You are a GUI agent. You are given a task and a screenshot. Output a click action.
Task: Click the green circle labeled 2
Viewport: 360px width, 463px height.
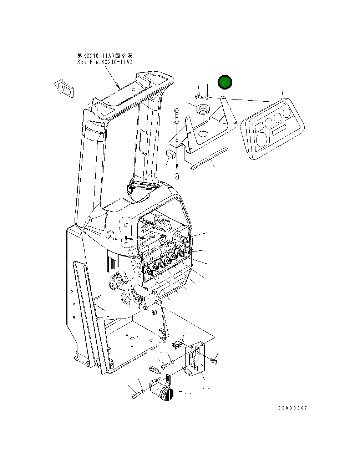click(x=225, y=83)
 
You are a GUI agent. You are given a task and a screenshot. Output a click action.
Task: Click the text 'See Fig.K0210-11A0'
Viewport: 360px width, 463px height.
click(x=105, y=62)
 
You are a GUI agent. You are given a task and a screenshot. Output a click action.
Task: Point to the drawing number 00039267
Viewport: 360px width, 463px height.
click(x=293, y=408)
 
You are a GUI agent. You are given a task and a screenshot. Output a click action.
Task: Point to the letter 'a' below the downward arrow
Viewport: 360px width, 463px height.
click(x=177, y=176)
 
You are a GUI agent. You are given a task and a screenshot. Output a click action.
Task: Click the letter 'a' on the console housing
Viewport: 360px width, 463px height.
click(x=126, y=224)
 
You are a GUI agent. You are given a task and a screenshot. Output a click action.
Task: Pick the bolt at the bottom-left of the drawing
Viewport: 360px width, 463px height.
click(x=135, y=395)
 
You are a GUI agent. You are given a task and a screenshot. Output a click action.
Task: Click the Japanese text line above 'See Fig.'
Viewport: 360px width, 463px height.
click(x=105, y=56)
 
